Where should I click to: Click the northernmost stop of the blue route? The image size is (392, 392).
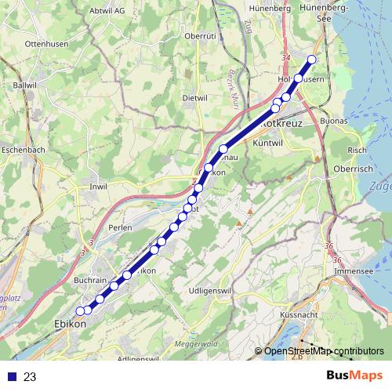click(312, 60)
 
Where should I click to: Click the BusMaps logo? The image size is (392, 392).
click(354, 376)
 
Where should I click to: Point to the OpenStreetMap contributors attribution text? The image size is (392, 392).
click(324, 350)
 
